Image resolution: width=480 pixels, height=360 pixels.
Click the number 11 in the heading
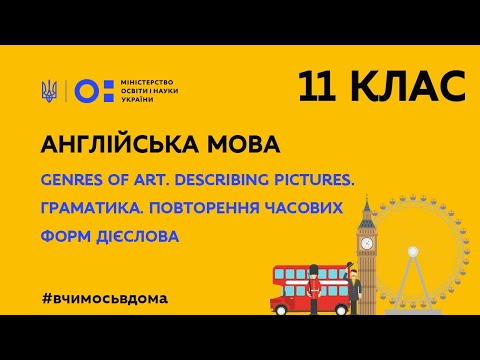pos(322,87)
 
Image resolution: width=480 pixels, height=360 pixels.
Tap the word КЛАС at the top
pos(411,87)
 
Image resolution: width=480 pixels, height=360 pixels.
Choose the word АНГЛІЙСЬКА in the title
pos(118,145)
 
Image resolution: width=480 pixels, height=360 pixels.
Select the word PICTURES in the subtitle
pos(318,180)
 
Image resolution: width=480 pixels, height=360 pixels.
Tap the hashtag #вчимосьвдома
pos(106,299)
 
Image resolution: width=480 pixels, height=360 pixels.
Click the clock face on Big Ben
pos(367,243)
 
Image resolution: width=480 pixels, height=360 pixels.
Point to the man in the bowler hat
pos(352,290)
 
